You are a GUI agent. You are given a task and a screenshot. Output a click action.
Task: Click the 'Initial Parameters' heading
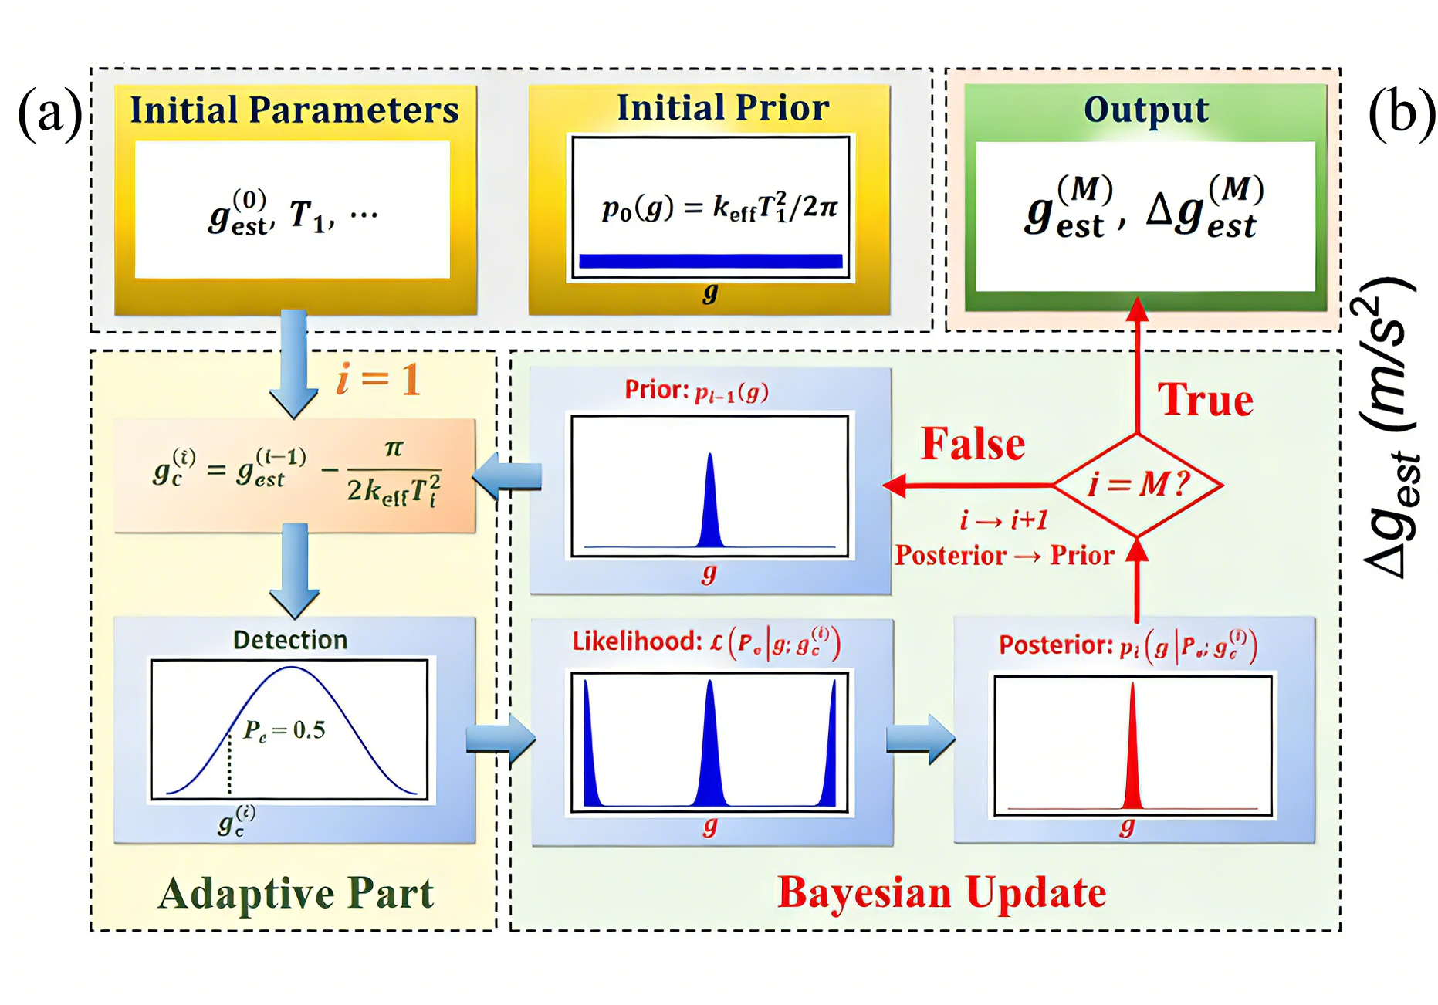[x=294, y=110]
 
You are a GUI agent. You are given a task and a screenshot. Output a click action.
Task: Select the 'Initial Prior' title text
[x=722, y=108]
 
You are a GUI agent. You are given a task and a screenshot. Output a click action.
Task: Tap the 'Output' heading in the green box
[x=1145, y=110]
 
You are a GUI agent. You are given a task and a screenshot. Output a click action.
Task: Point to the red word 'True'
[x=1205, y=400]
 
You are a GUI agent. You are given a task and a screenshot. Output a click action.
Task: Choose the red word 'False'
[x=973, y=444]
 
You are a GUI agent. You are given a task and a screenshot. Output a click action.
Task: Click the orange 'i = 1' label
[x=378, y=379]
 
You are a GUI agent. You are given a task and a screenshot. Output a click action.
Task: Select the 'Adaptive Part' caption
[x=296, y=893]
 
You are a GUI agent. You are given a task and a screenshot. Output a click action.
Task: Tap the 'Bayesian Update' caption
[x=942, y=893]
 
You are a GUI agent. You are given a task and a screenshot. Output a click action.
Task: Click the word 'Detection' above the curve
[x=290, y=640]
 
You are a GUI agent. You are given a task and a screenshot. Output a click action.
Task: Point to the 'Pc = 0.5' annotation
[x=284, y=730]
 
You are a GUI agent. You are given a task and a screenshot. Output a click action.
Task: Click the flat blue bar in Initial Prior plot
[x=710, y=261]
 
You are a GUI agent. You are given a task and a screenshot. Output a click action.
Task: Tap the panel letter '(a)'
[x=49, y=113]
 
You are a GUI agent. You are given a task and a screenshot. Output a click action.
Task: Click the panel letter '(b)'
[x=1401, y=113]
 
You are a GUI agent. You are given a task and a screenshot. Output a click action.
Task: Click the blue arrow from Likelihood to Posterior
[x=921, y=739]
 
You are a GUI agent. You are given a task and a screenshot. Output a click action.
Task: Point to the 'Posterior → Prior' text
[x=1004, y=556]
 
